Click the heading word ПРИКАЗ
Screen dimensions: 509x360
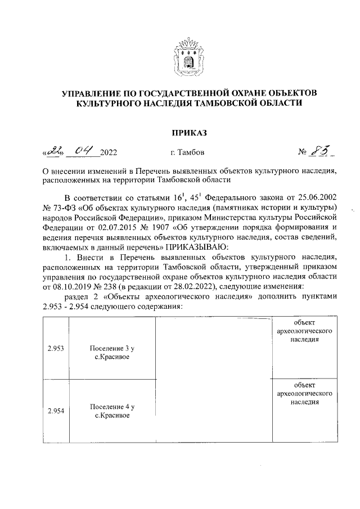coord(186,133)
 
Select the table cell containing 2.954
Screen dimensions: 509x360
coord(55,411)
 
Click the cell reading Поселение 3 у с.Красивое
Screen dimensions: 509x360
coord(112,353)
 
